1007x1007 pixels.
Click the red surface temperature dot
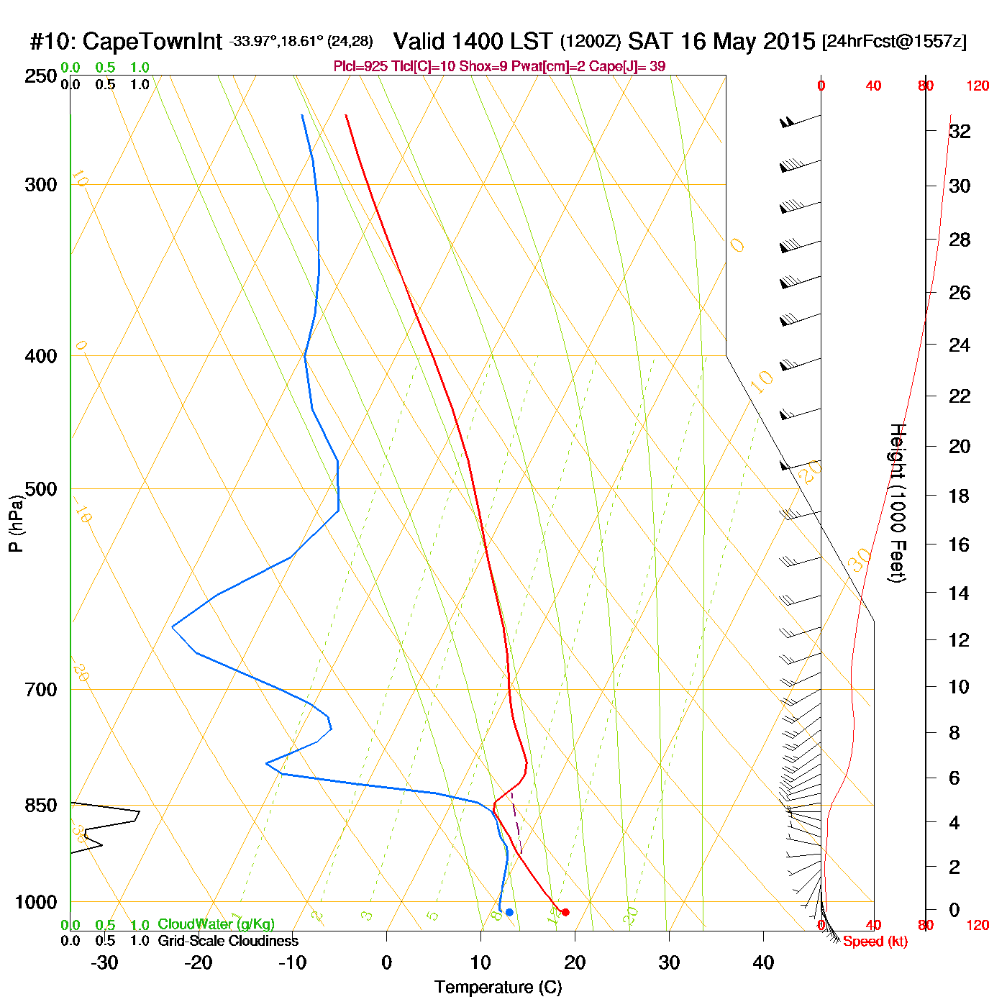pos(565,912)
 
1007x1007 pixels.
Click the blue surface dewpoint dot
pos(509,912)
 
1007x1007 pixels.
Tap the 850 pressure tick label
pos(40,806)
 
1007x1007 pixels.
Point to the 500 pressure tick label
pos(40,489)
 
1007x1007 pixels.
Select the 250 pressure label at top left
pos(40,76)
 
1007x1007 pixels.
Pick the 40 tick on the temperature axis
pos(763,962)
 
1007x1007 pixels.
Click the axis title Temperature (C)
pos(498,988)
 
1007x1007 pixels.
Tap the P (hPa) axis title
pos(16,524)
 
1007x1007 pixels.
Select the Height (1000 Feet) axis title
pos(898,503)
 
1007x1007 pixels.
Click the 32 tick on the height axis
pos(960,131)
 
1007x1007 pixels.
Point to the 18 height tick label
pos(960,496)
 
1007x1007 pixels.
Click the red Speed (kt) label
pos(875,942)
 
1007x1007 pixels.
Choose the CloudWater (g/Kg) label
pos(216,924)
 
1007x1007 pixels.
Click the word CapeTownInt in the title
pos(152,42)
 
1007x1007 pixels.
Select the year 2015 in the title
pos(789,42)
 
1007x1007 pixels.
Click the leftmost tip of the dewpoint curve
pos(173,627)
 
